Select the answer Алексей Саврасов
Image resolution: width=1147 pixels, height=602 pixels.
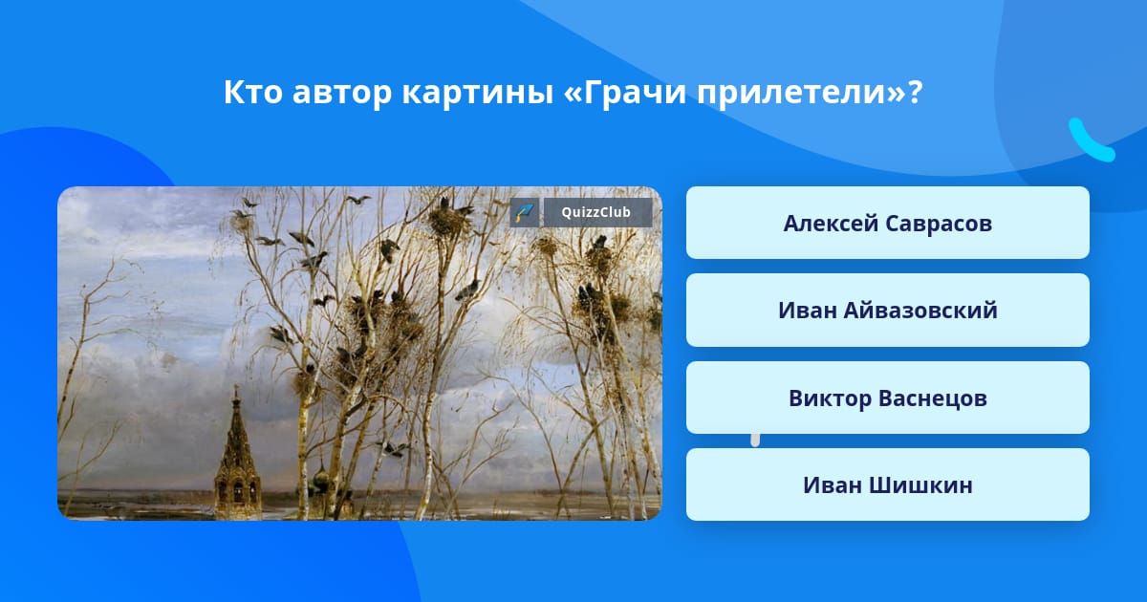[887, 223]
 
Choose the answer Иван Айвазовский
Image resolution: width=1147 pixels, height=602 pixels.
[887, 311]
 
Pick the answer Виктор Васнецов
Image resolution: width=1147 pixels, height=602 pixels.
[887, 398]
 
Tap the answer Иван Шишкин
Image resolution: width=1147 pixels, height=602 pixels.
[887, 484]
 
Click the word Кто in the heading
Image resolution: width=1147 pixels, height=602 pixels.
[252, 93]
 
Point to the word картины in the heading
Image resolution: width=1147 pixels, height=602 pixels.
[477, 94]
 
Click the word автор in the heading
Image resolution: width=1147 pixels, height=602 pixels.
[341, 95]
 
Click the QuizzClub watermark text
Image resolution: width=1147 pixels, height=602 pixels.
[595, 212]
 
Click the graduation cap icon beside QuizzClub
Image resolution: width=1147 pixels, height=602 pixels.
[525, 212]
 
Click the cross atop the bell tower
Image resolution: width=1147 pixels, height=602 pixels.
[236, 393]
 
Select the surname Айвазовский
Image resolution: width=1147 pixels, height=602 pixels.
[920, 311]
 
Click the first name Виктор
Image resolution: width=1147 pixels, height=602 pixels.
[830, 398]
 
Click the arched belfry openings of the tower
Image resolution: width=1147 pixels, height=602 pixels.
[237, 490]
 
